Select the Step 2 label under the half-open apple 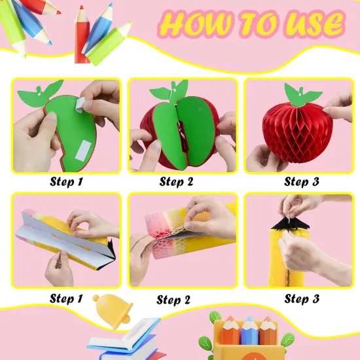point(177,182)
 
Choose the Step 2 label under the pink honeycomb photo point(173,300)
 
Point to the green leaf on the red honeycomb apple point(302,95)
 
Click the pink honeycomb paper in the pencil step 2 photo point(169,236)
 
